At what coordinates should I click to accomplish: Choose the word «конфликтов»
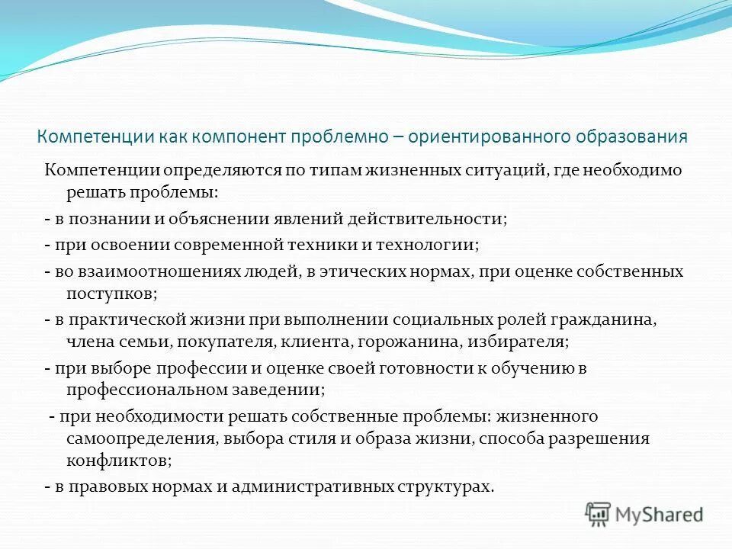coord(118,460)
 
